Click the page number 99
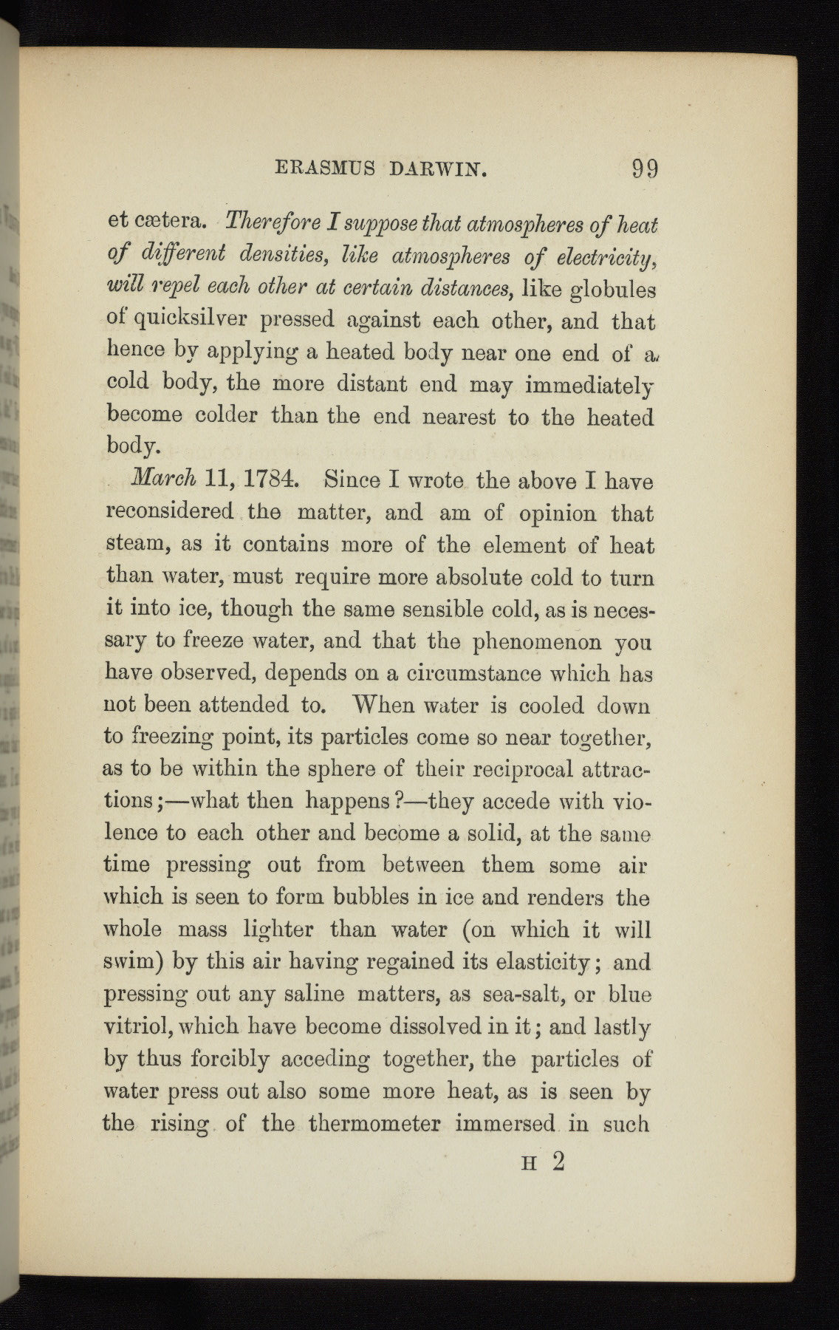pyautogui.click(x=645, y=171)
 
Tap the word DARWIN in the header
pyautogui.click(x=437, y=171)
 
